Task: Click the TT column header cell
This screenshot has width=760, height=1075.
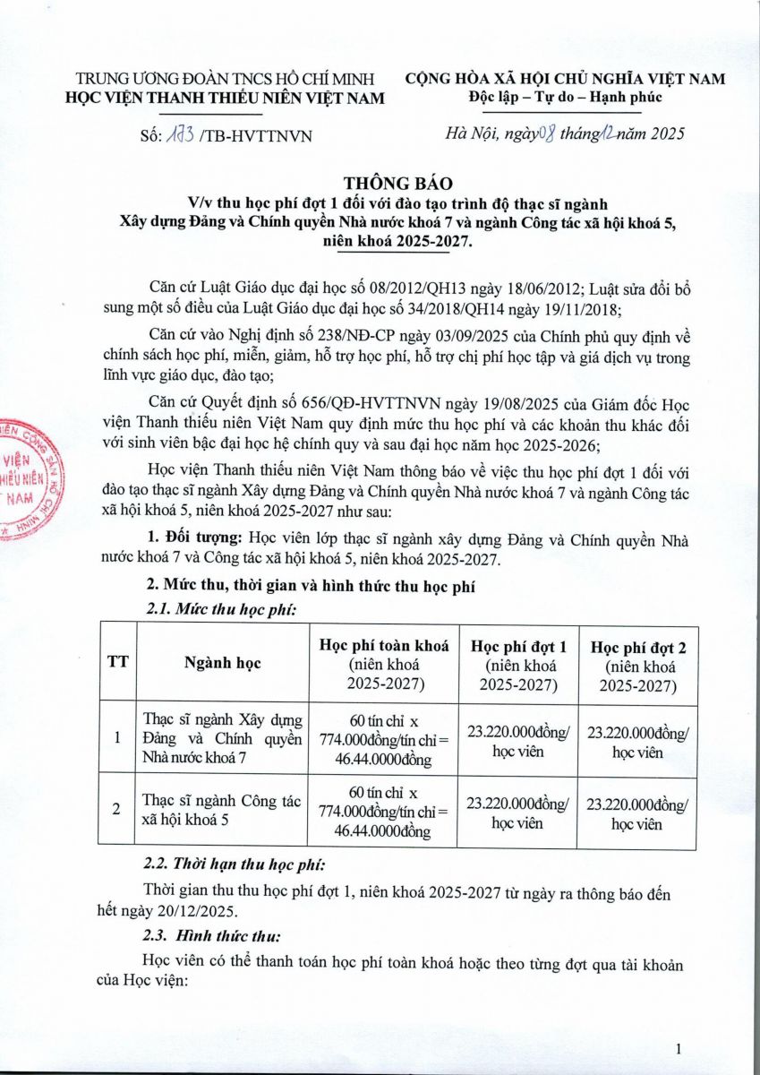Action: point(116,664)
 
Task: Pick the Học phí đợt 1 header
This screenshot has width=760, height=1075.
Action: point(518,665)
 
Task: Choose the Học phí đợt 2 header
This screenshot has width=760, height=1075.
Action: point(636,665)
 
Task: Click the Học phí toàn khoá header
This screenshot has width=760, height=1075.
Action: point(384,665)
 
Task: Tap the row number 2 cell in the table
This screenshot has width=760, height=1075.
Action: point(116,810)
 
